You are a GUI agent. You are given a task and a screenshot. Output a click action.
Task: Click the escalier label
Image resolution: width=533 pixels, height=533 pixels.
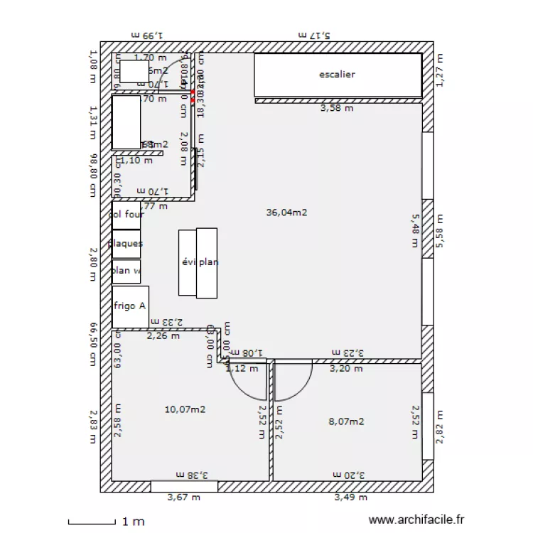(x=337, y=74)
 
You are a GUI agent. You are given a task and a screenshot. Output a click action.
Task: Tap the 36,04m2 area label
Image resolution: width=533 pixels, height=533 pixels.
(x=286, y=212)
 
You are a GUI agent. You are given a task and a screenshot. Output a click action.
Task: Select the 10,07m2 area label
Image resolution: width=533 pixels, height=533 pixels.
(x=185, y=409)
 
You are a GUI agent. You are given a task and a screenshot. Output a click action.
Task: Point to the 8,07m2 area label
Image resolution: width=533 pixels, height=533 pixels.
(x=346, y=421)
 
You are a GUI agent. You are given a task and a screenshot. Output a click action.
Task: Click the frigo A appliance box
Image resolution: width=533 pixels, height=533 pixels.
(x=130, y=306)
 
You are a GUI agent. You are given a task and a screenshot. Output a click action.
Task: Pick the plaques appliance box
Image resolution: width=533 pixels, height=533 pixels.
(x=126, y=244)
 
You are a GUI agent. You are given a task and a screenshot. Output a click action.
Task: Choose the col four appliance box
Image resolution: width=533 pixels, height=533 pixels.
(x=126, y=215)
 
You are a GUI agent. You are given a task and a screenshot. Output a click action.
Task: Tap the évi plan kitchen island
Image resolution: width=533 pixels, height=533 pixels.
(x=198, y=262)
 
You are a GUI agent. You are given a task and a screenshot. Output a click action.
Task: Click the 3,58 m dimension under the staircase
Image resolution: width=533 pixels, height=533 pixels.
(x=337, y=109)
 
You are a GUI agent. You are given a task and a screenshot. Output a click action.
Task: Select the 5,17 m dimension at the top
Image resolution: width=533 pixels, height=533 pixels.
(x=315, y=34)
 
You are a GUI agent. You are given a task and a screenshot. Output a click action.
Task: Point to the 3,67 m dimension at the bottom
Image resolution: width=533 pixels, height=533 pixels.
(x=183, y=498)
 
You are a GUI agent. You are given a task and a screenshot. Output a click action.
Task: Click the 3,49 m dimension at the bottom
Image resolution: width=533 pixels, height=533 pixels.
(x=350, y=498)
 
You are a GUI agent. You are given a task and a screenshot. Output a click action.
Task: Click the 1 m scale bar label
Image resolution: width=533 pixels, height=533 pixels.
(x=134, y=522)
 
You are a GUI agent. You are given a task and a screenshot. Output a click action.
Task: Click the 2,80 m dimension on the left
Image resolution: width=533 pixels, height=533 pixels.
(x=92, y=264)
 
